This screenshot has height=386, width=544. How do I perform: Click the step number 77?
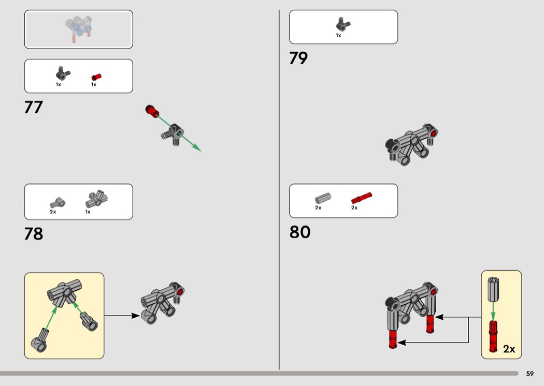(33, 107)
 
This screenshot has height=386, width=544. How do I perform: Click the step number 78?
(33, 233)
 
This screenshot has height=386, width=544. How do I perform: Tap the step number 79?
(298, 58)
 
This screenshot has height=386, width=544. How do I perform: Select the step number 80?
(299, 232)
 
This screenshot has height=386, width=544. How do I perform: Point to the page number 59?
(529, 374)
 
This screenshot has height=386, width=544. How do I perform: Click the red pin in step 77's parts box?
(96, 77)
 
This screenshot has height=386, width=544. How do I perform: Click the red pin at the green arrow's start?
(152, 110)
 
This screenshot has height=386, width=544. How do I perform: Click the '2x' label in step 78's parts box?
(53, 212)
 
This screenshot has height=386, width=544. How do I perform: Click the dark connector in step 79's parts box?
(342, 24)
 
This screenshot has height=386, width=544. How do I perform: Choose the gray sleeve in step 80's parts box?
(322, 198)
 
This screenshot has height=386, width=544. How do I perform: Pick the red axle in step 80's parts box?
(362, 198)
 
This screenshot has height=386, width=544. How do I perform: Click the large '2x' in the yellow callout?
(509, 349)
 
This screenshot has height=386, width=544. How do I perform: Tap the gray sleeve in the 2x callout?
(493, 289)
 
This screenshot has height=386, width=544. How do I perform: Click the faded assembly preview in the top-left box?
(79, 29)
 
